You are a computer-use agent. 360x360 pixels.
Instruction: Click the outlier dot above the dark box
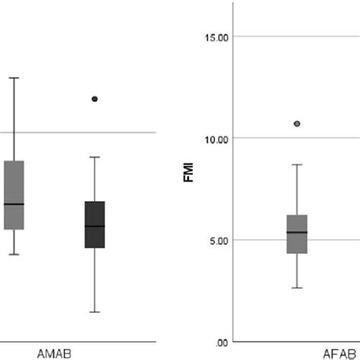pyautogui.click(x=94, y=99)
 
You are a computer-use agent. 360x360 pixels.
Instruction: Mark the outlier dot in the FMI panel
pyautogui.click(x=297, y=123)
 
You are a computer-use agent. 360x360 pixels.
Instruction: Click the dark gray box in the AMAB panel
pyautogui.click(x=94, y=224)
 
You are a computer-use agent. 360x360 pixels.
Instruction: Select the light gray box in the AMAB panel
pyautogui.click(x=14, y=194)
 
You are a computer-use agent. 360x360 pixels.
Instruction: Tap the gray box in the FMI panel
pyautogui.click(x=297, y=234)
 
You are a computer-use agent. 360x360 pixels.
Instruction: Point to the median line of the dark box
pyautogui.click(x=94, y=226)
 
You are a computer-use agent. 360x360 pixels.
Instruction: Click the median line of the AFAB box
pyautogui.click(x=297, y=232)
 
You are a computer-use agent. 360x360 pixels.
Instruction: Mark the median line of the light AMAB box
pyautogui.click(x=14, y=204)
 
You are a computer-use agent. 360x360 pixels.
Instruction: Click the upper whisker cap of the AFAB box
pyautogui.click(x=297, y=164)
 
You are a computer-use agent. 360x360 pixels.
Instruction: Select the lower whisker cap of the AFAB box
pyautogui.click(x=297, y=288)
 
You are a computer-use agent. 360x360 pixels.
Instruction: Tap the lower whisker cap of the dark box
pyautogui.click(x=94, y=312)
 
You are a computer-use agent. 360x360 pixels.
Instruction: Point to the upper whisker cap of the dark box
pyautogui.click(x=94, y=157)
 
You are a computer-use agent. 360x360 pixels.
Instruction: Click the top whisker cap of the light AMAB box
pyautogui.click(x=14, y=77)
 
